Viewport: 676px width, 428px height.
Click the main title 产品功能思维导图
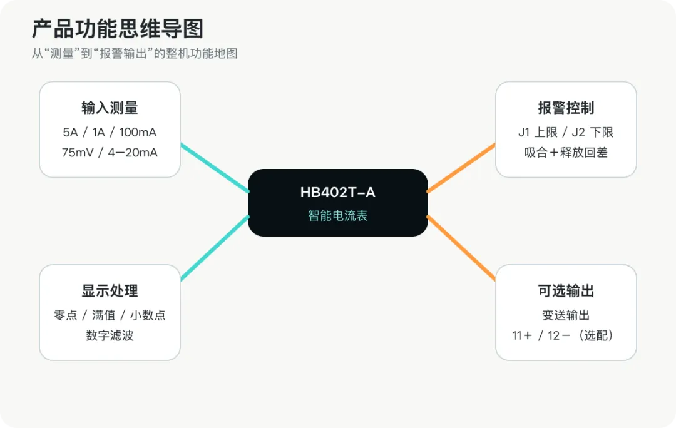point(118,29)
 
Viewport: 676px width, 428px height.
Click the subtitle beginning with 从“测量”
point(135,53)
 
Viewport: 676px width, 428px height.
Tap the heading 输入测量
point(110,108)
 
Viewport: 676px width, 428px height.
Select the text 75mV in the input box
point(78,153)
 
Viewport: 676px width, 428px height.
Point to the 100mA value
point(138,132)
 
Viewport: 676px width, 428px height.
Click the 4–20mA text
point(133,153)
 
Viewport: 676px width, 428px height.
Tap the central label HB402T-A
point(337,192)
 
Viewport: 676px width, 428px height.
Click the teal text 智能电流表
point(337,215)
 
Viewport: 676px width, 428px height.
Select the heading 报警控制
point(566,108)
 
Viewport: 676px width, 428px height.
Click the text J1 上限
point(538,132)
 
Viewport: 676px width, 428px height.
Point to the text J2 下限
point(592,132)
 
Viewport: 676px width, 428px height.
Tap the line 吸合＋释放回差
point(566,153)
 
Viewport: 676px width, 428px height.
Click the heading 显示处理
point(110,291)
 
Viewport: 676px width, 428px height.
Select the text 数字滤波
point(110,335)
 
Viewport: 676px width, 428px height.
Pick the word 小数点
point(148,315)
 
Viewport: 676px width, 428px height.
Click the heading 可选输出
point(566,291)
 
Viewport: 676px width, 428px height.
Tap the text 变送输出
point(566,315)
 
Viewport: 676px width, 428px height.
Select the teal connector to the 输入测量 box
point(215,168)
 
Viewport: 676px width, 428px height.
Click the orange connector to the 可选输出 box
point(461,248)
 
